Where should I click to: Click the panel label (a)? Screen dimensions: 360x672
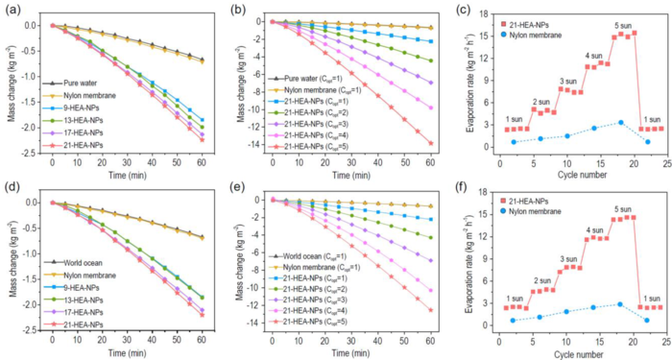13,9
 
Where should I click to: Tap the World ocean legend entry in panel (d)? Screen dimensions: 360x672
89,264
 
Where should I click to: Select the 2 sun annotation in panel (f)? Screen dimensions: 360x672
542,279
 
